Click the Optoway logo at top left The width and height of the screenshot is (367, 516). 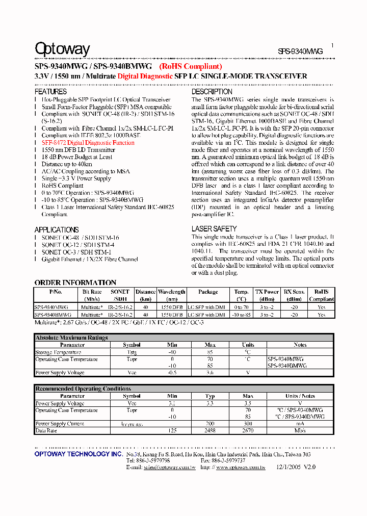tap(62, 49)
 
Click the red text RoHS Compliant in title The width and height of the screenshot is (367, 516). tap(191, 66)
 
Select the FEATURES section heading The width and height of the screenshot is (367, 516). tap(50, 92)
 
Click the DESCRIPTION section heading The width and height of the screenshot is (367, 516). tap(212, 92)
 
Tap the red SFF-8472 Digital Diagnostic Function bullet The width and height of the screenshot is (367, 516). tap(88, 143)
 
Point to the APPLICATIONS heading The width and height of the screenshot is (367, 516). tap(57, 230)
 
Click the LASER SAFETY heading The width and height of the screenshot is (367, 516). tap(214, 229)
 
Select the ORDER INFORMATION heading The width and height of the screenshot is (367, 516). tap(75, 282)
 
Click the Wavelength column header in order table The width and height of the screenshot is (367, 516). tap(172, 292)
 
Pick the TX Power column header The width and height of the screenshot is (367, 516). tap(267, 292)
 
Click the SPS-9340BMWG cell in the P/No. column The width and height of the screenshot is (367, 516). tap(51, 315)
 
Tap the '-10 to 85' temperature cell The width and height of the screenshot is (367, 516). tap(242, 315)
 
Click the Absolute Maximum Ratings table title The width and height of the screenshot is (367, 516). tap(71, 338)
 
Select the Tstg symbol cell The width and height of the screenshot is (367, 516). tap(132, 352)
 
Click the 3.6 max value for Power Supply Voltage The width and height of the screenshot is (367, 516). tap(210, 373)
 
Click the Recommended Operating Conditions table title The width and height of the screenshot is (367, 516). tap(83, 389)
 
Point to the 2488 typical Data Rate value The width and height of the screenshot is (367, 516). tap(210, 431)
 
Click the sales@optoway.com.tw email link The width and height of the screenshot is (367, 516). tap(169, 467)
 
